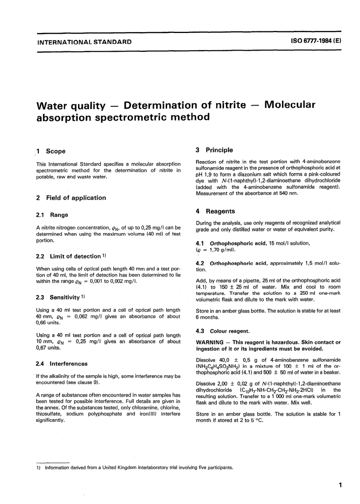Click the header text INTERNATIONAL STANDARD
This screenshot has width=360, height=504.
click(x=84, y=42)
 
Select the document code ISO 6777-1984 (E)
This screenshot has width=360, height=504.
click(x=313, y=41)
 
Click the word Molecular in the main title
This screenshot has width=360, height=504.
click(x=290, y=105)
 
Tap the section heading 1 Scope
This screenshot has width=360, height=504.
click(x=51, y=151)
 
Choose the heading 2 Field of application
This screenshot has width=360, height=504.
click(x=71, y=198)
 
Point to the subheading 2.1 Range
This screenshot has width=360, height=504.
click(x=52, y=215)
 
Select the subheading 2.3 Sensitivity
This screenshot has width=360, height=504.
click(x=60, y=297)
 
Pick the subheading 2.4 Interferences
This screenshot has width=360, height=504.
click(x=61, y=364)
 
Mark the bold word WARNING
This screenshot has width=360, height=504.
click(x=210, y=342)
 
